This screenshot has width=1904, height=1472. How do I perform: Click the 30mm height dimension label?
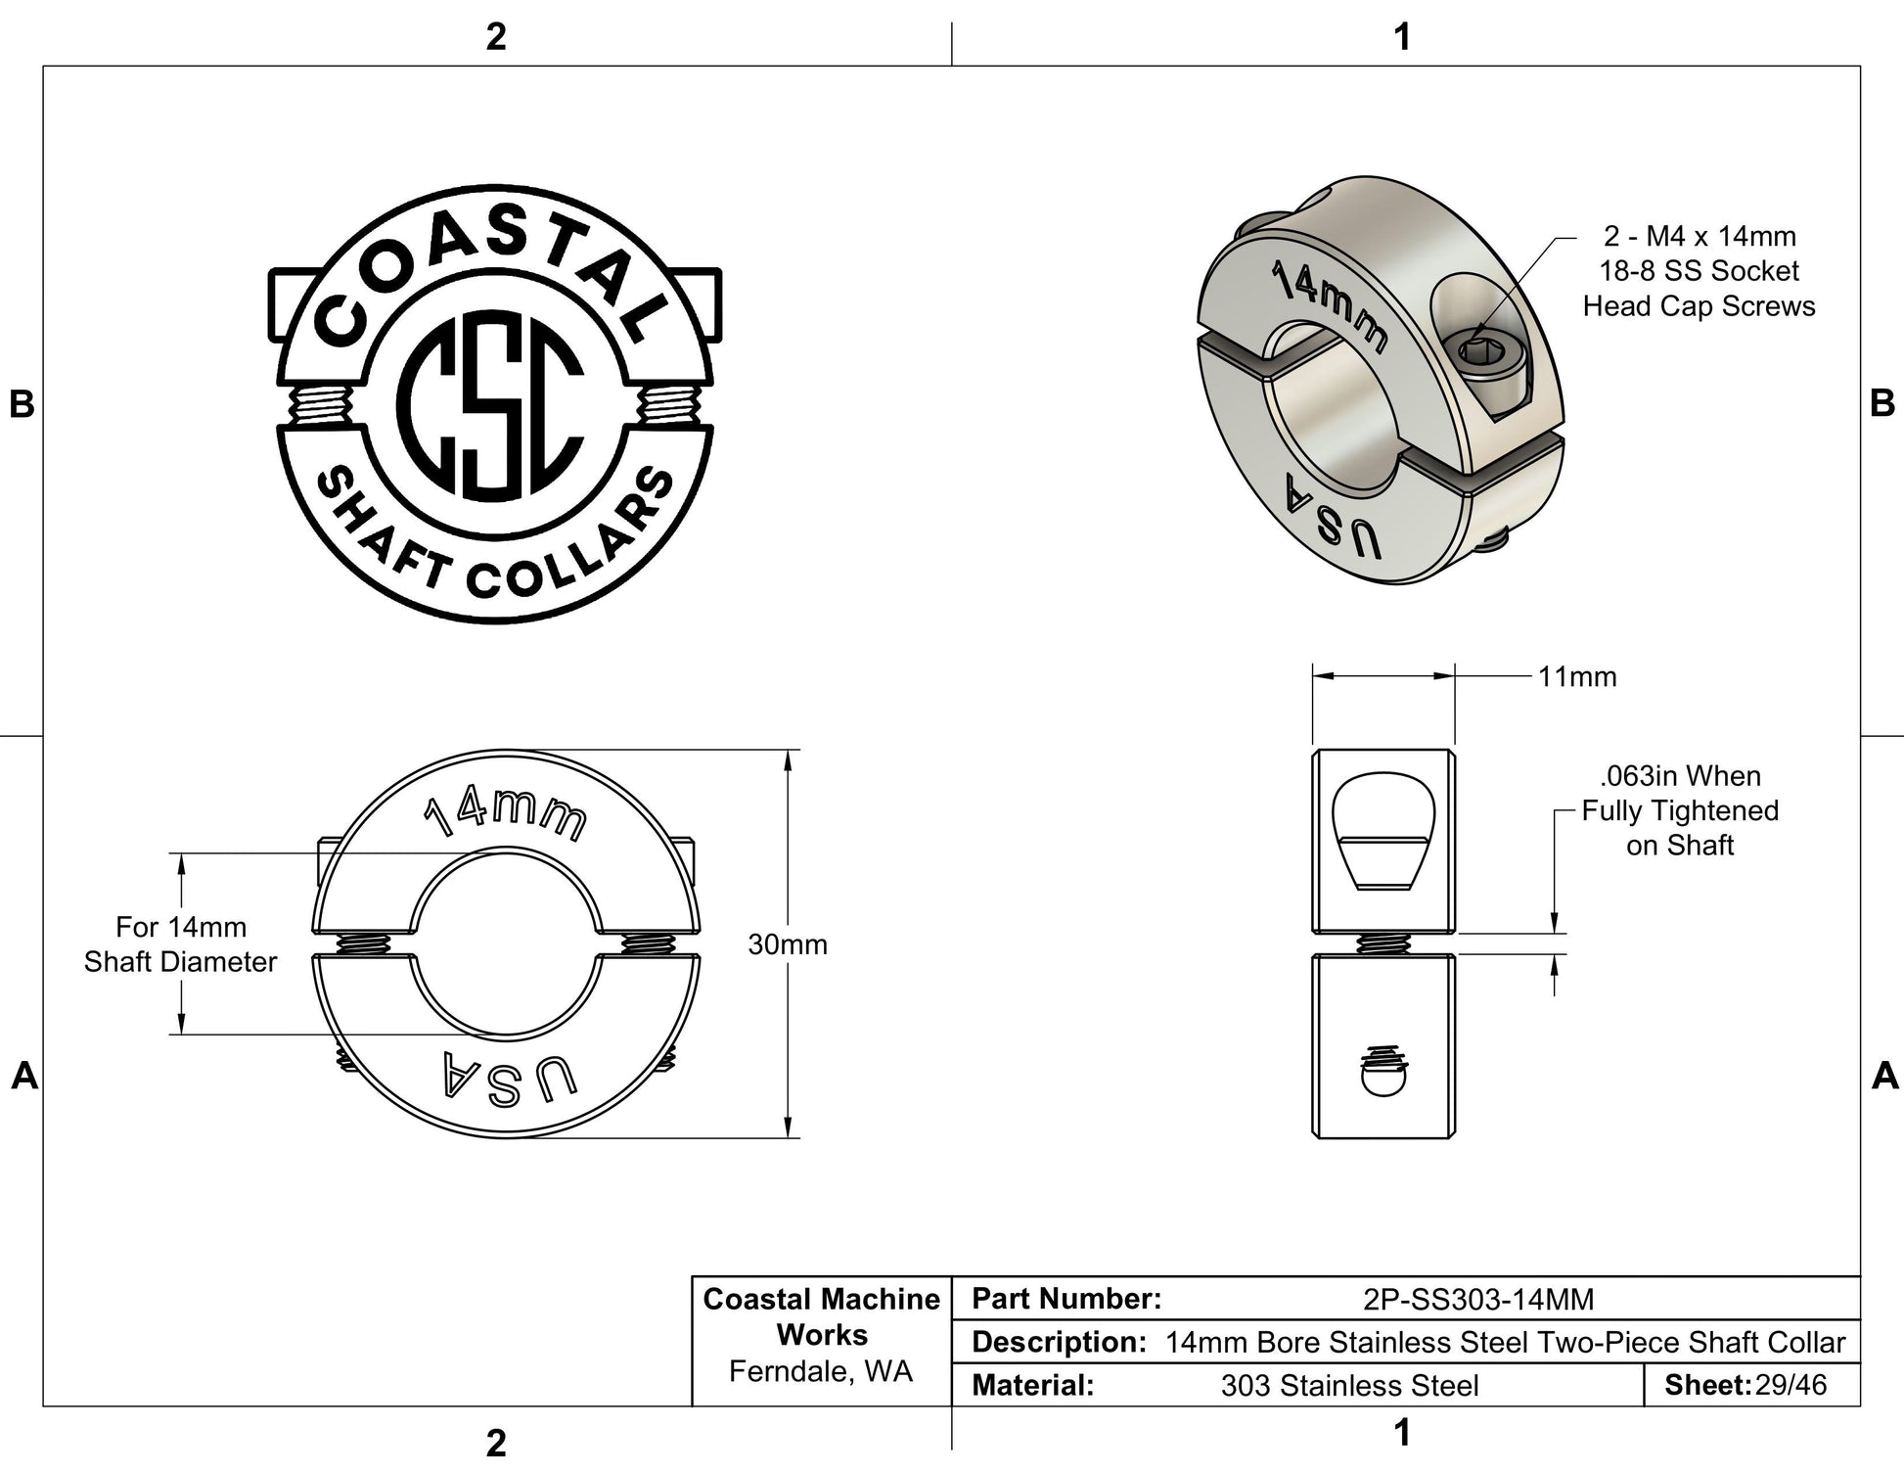pos(788,944)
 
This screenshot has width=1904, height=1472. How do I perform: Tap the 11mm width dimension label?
pos(1577,676)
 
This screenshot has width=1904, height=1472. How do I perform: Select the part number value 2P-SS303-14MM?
pos(1478,1299)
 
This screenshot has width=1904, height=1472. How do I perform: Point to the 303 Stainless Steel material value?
pos(1349,1386)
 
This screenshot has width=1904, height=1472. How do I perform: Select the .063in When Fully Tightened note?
pos(1680,810)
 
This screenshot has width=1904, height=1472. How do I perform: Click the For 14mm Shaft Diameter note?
pos(180,944)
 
